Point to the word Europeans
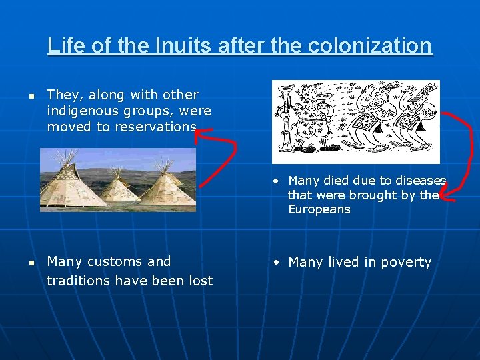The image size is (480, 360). (319, 209)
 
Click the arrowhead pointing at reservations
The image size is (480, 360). (199, 133)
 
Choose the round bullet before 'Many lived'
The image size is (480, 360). (276, 262)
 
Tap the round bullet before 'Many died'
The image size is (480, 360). (276, 181)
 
